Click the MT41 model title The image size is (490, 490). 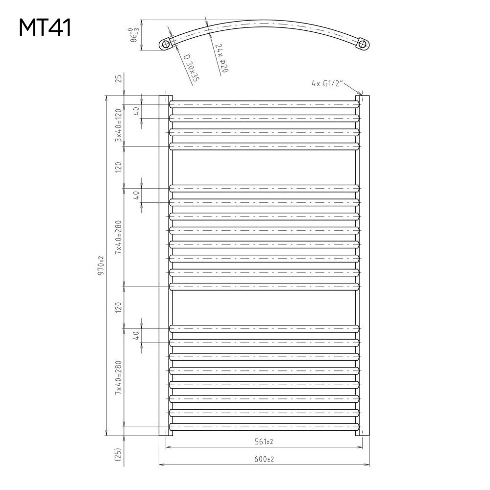(45, 27)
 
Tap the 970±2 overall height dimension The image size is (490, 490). (101, 265)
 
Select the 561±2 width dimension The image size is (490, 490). (264, 441)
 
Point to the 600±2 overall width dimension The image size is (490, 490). (264, 459)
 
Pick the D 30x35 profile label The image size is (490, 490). (191, 68)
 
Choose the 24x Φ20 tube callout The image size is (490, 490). (221, 58)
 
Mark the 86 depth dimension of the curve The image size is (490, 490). (134, 35)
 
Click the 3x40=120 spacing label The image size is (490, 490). (119, 125)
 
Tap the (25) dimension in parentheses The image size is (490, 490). (118, 455)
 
